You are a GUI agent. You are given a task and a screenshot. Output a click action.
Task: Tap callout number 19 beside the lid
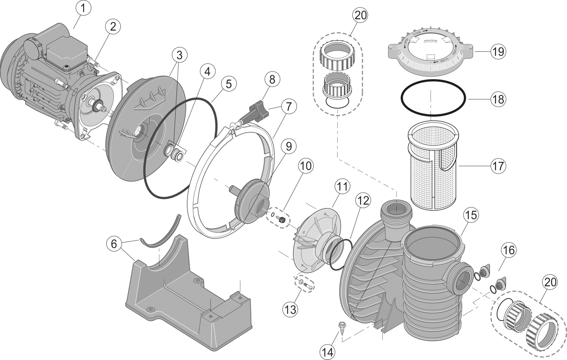point(498,52)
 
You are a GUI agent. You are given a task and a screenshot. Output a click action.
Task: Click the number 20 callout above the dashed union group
point(360,15)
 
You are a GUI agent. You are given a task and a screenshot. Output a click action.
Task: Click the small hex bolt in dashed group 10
point(280,219)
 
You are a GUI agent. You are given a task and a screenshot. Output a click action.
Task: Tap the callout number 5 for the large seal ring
point(228,84)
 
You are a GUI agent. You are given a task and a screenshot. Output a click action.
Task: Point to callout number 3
point(180,55)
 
